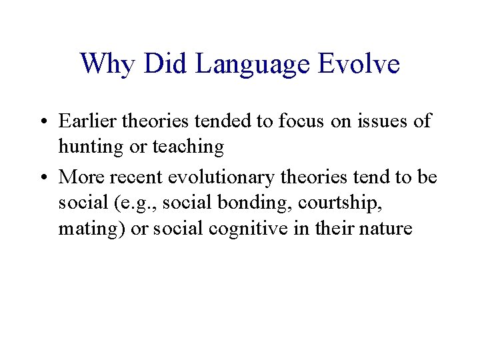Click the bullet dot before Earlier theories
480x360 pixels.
(x=43, y=122)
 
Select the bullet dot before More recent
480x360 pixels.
(x=43, y=177)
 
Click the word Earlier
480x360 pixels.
(x=83, y=121)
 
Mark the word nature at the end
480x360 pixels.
(x=387, y=229)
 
